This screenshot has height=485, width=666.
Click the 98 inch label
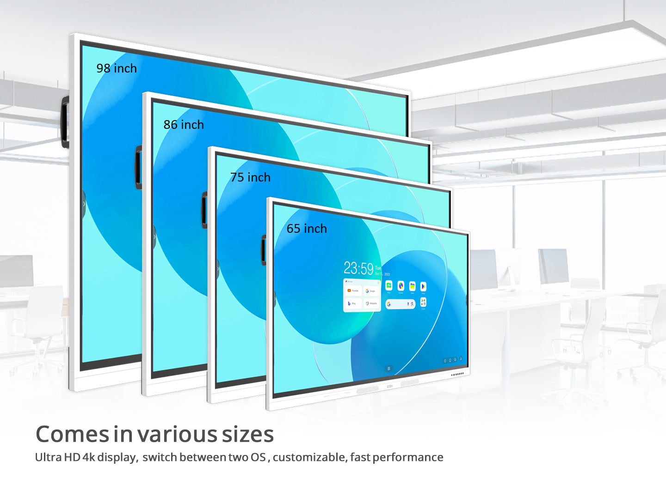[117, 68]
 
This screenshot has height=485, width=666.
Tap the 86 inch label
[184, 125]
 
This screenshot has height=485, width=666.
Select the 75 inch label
[250, 177]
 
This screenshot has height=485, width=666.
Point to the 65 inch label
[307, 229]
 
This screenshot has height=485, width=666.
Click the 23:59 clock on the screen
[358, 268]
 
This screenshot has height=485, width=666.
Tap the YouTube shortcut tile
[353, 291]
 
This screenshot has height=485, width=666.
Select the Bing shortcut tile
[352, 303]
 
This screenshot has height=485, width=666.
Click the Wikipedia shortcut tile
[371, 303]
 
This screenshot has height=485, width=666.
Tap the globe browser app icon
[401, 286]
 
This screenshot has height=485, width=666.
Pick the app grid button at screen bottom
[388, 369]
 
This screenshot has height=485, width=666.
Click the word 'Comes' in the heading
[72, 435]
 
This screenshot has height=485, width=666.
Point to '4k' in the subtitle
[88, 457]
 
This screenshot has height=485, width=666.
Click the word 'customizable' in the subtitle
[309, 457]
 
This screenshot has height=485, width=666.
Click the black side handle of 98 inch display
[65, 122]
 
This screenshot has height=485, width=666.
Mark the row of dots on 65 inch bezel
[457, 374]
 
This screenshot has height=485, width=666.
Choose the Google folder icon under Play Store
[423, 303]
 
